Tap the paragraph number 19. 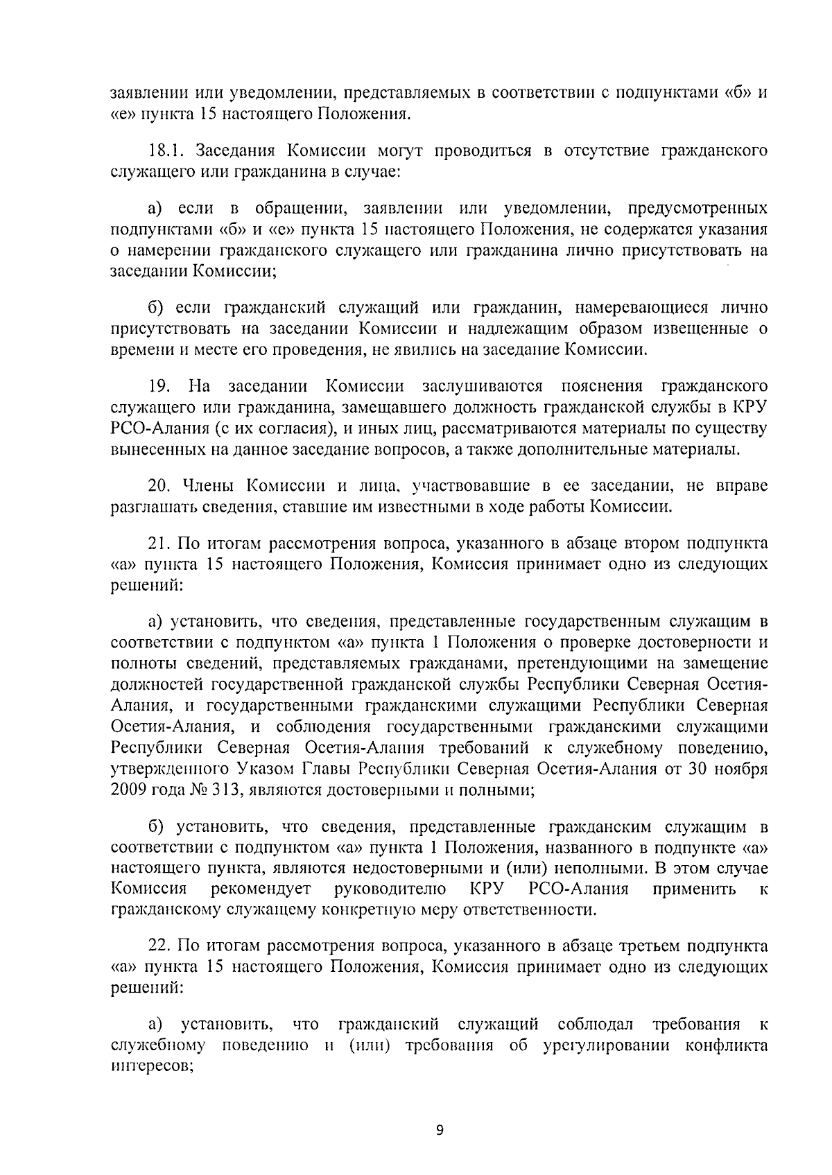coord(160,385)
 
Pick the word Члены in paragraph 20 coord(209,486)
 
